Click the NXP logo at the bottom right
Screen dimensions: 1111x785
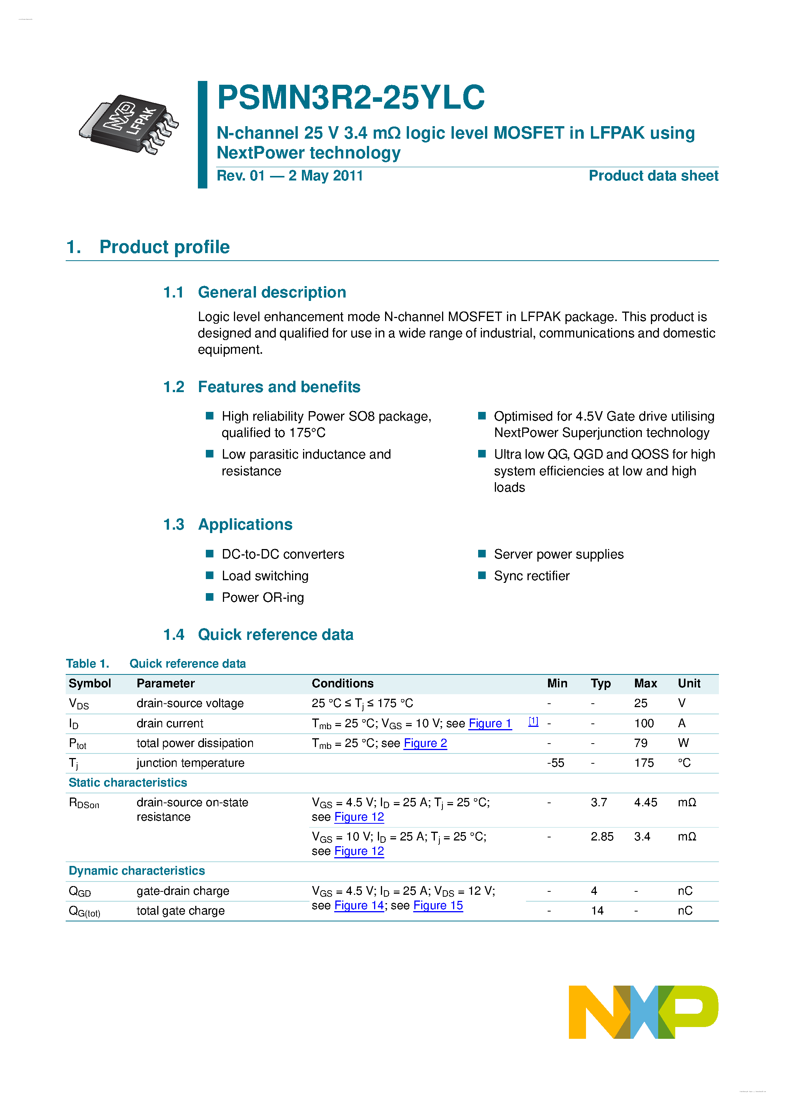(643, 1012)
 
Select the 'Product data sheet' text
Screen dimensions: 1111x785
(653, 176)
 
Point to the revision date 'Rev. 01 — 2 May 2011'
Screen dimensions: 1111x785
(290, 176)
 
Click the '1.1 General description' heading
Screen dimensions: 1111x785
(254, 292)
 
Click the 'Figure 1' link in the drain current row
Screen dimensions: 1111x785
(490, 723)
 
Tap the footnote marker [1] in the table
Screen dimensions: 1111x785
(533, 722)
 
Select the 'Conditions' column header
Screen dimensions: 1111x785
(343, 683)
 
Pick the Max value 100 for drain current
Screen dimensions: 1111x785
(644, 723)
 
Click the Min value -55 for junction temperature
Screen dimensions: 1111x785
(555, 763)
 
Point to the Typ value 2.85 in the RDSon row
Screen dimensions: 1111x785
(602, 837)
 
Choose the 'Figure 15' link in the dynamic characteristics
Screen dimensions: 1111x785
(438, 905)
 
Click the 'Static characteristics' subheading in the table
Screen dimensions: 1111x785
(128, 782)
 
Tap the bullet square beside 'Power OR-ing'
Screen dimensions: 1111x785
(209, 597)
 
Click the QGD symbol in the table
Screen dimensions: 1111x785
(80, 891)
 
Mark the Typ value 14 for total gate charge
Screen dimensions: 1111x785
(597, 911)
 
